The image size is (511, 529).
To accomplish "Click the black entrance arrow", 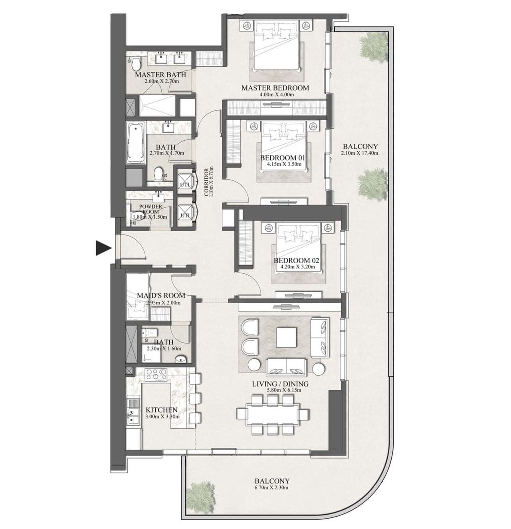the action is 103,248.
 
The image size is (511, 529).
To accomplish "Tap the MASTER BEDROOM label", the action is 275,88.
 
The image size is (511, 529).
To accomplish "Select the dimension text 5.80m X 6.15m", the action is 280,390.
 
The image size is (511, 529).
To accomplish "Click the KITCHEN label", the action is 162,410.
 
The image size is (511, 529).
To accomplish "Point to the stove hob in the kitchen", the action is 156,375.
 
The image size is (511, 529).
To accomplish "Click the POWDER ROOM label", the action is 151,209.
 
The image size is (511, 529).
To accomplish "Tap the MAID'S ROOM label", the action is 161,295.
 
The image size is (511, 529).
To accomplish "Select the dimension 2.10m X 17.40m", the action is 360,153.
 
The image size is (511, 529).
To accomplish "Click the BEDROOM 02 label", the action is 296,261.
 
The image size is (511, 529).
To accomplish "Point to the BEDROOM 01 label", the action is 283,158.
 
